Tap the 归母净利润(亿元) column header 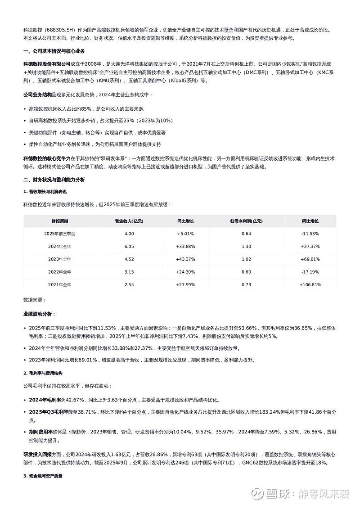[x=246, y=221]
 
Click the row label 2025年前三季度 [x=60, y=234]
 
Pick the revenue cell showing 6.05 [x=129, y=246]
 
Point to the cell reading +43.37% [x=185, y=259]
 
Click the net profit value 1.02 [x=246, y=259]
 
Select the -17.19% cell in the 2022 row [x=310, y=272]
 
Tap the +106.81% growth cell [x=310, y=284]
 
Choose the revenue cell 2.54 [x=129, y=284]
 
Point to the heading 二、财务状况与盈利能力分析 [x=54, y=180]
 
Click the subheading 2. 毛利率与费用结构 [x=43, y=373]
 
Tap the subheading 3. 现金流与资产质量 [x=43, y=475]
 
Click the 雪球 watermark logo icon [x=257, y=494]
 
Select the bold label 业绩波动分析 [x=37, y=313]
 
